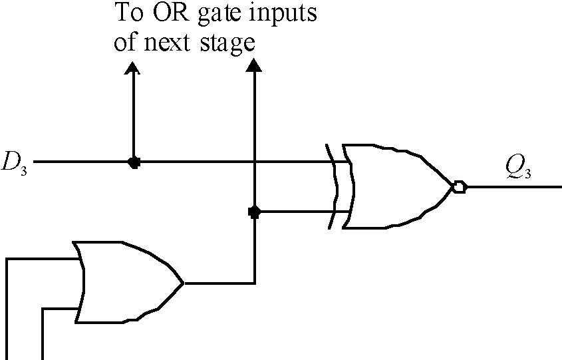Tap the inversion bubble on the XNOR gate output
pyautogui.click(x=459, y=187)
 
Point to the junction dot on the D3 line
pyautogui.click(x=134, y=162)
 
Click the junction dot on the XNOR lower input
pyautogui.click(x=253, y=212)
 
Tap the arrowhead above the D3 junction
pyautogui.click(x=133, y=68)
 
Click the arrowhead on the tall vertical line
pyautogui.click(x=253, y=64)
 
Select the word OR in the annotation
pyautogui.click(x=167, y=13)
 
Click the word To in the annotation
pyautogui.click(x=127, y=13)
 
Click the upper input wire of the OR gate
pyautogui.click(x=40, y=259)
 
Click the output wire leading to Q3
pyautogui.click(x=512, y=187)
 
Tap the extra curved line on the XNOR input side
pyautogui.click(x=332, y=187)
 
